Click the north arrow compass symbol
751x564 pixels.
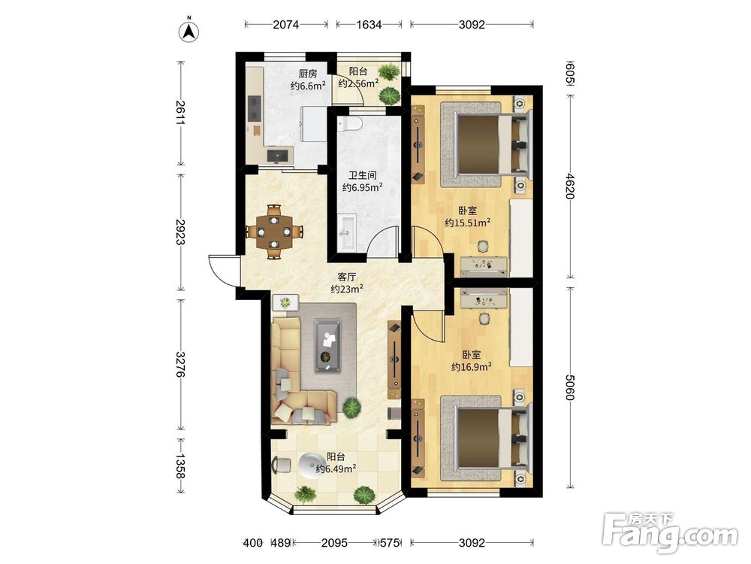[190, 30]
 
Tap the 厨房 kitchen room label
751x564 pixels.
[307, 74]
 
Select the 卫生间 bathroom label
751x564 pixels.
[362, 175]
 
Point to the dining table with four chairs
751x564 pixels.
[274, 232]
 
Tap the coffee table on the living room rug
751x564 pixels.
[328, 345]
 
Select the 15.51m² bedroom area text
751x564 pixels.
[467, 223]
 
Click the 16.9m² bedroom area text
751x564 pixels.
[472, 367]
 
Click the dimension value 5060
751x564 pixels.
[569, 387]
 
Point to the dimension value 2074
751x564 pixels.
[286, 25]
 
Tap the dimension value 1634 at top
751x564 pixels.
[369, 25]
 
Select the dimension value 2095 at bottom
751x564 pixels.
[334, 543]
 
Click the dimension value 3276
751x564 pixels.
[180, 365]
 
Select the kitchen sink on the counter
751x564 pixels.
[279, 156]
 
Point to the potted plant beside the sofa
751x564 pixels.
[352, 408]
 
